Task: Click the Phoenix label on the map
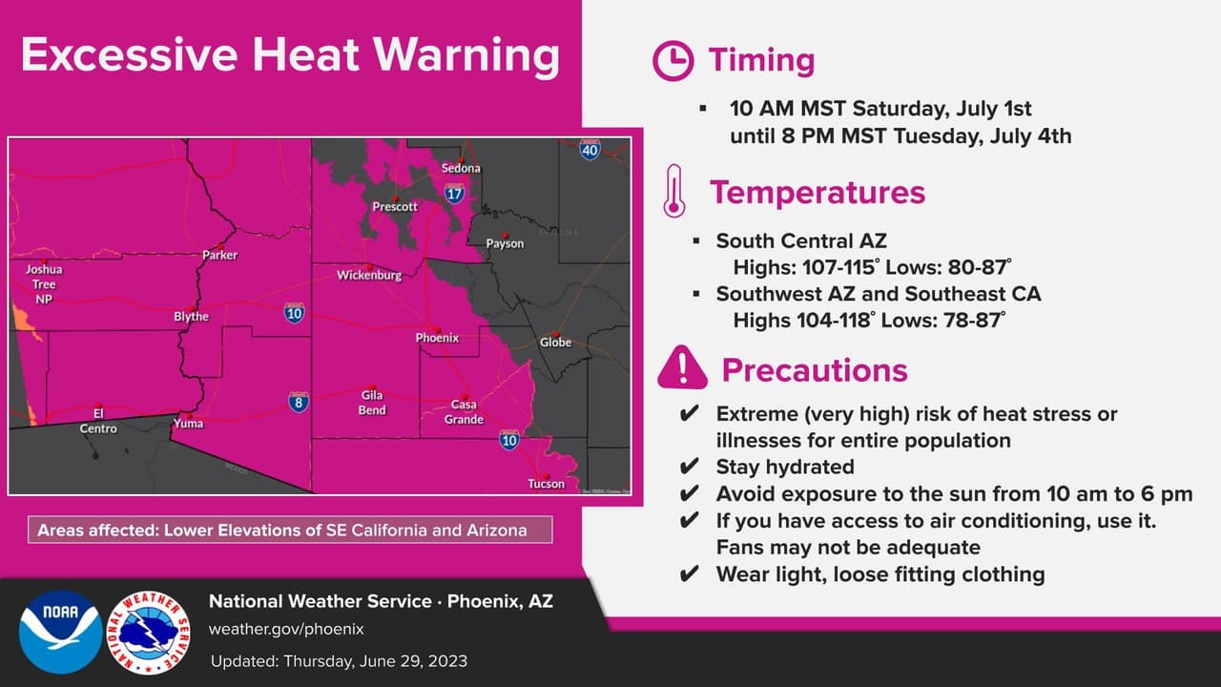tap(437, 338)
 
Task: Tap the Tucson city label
tap(546, 484)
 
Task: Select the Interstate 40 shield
tap(590, 150)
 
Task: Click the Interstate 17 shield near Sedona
tap(454, 195)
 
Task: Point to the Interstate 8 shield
tap(299, 402)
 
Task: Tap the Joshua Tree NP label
tap(43, 284)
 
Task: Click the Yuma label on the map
tap(188, 423)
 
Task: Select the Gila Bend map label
tap(372, 403)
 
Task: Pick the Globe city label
tap(555, 342)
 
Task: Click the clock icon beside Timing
tap(673, 61)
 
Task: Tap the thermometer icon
tap(673, 192)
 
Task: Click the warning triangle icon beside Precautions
tap(682, 367)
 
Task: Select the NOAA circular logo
tap(60, 633)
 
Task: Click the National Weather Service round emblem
tap(148, 633)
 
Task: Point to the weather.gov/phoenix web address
tap(286, 630)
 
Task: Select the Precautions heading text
tap(814, 369)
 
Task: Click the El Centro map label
tap(98, 421)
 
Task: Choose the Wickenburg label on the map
tap(369, 276)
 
